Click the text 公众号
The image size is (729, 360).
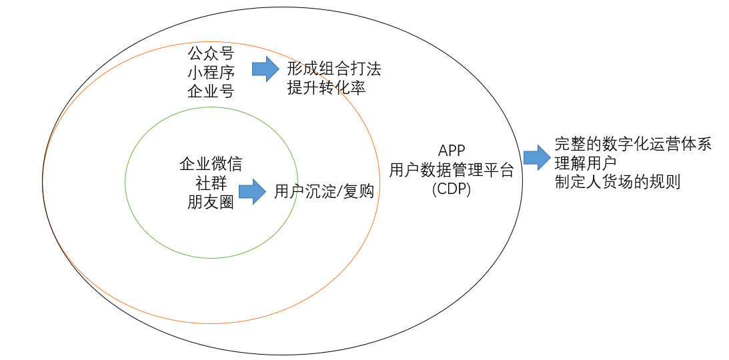tap(211, 53)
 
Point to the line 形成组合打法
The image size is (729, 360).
tap(334, 69)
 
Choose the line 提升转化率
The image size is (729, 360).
tap(326, 88)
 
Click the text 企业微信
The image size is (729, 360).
tap(211, 164)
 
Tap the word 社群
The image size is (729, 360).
tap(211, 183)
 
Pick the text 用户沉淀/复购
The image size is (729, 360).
tap(324, 192)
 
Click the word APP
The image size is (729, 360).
tap(452, 151)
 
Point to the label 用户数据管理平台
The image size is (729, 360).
tap(452, 170)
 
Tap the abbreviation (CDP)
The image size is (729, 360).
tap(452, 189)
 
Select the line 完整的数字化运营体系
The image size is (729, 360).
tap(633, 144)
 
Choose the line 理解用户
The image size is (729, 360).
tap(586, 163)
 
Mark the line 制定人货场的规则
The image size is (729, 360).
tap(618, 183)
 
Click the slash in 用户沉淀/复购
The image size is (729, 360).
tap(339, 192)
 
